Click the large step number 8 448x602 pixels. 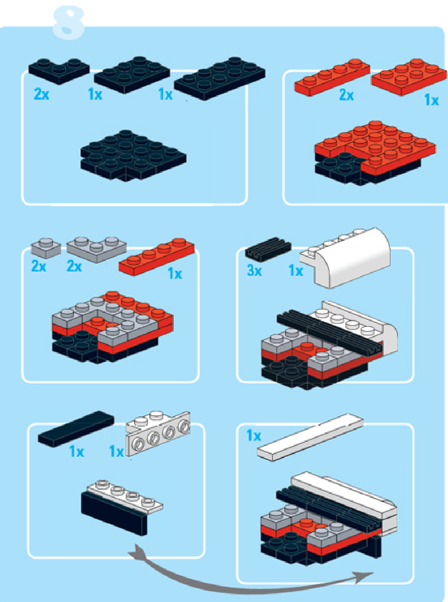68,23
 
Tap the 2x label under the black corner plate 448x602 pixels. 42,94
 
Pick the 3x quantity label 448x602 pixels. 254,271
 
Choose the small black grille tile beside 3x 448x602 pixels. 268,249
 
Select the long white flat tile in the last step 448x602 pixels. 310,437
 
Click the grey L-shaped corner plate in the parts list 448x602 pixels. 97,250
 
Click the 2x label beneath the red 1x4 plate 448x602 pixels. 346,95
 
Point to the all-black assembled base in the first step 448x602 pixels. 134,156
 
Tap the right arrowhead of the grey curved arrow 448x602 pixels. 366,575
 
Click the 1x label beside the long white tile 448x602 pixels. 254,435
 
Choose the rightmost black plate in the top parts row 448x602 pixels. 220,78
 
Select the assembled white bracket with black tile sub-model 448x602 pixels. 122,507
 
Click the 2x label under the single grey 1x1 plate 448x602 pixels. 39,266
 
